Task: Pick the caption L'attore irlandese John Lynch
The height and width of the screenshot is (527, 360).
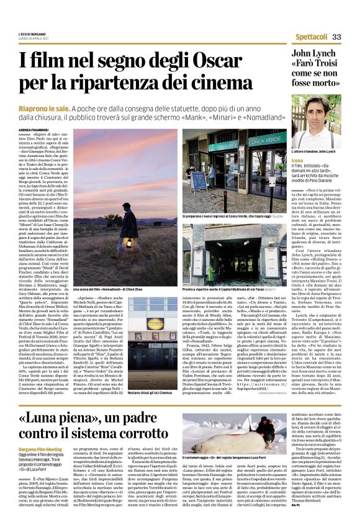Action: pyautogui.click(x=314, y=151)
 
